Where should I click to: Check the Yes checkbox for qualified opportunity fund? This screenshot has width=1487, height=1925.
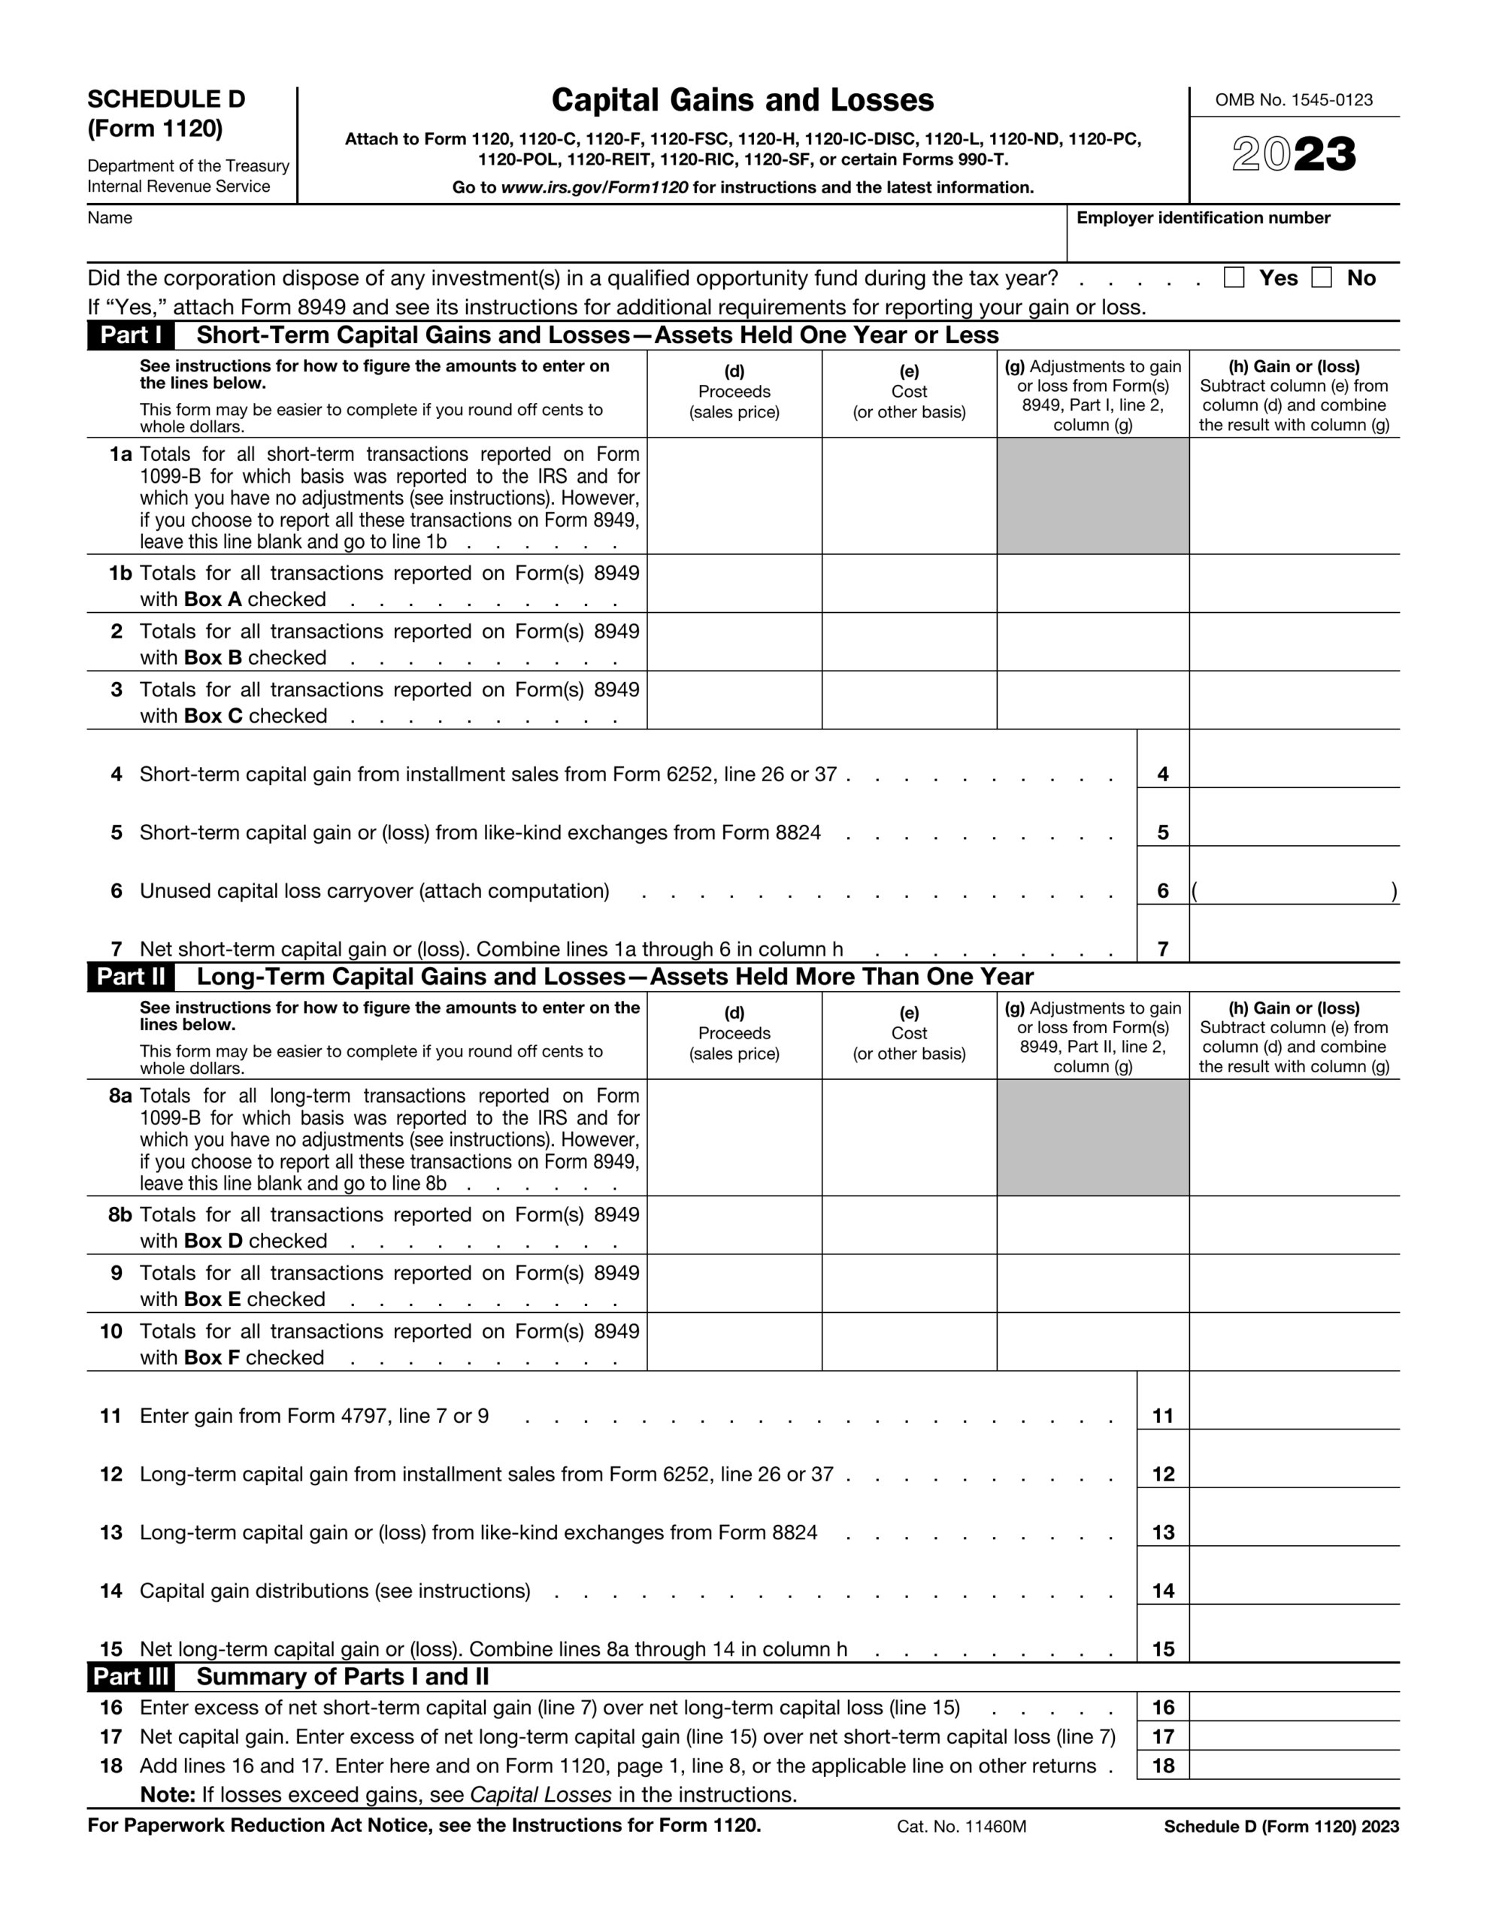click(x=1234, y=277)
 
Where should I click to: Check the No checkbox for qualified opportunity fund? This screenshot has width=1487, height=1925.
click(x=1322, y=277)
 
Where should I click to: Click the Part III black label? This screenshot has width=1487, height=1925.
click(x=131, y=1676)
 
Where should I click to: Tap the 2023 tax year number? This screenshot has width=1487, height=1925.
click(x=1293, y=155)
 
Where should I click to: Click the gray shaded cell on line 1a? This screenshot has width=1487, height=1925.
click(x=1092, y=496)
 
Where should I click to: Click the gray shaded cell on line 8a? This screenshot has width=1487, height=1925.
click(x=1092, y=1138)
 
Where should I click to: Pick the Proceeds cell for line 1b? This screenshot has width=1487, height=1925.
click(x=734, y=584)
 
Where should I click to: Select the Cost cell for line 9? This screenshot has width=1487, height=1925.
click(x=909, y=1284)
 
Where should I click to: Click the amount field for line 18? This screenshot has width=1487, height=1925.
click(x=1294, y=1765)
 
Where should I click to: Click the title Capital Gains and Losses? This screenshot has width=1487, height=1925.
click(x=742, y=101)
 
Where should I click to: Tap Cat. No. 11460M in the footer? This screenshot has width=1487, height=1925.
click(x=961, y=1826)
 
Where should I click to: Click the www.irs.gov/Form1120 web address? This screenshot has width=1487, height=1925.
click(x=594, y=188)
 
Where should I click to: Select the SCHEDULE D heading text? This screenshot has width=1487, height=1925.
click(x=165, y=99)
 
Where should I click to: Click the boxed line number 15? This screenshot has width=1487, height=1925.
click(x=1163, y=1648)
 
